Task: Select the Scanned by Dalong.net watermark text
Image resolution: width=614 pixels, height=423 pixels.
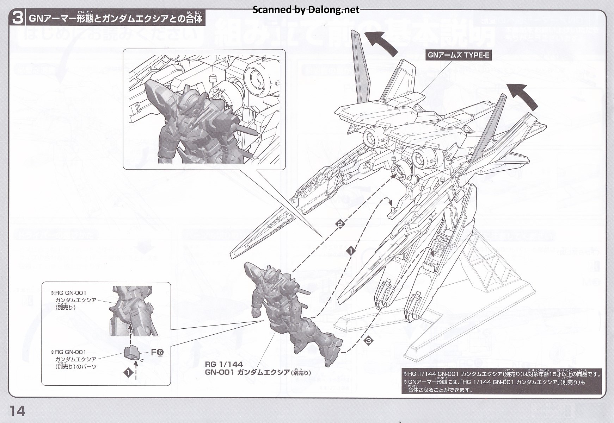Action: point(306,10)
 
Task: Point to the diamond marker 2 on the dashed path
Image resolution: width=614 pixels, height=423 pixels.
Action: point(341,224)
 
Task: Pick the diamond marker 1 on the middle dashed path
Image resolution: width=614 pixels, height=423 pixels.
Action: point(351,251)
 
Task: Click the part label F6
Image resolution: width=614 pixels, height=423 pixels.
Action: point(157,352)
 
